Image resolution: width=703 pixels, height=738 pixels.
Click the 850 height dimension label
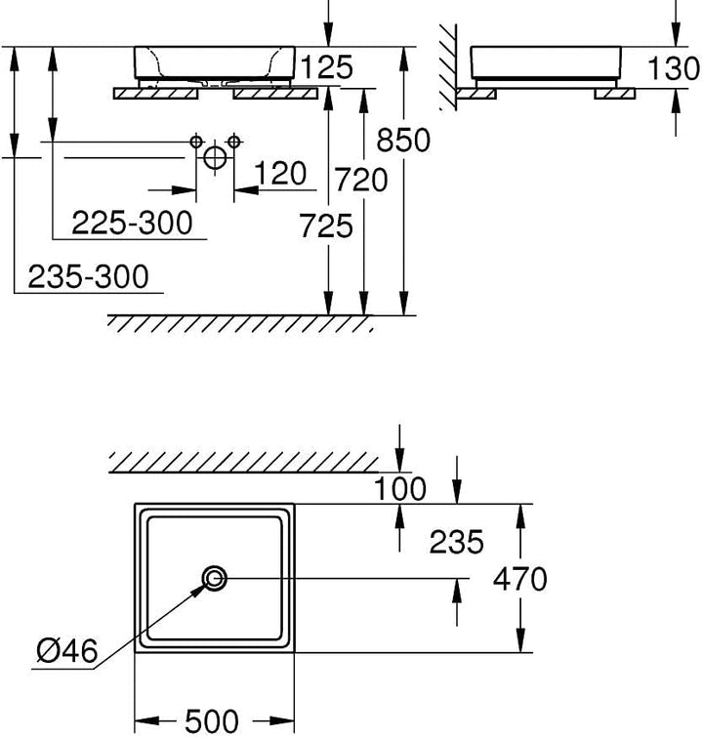(x=403, y=140)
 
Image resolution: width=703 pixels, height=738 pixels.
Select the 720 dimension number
(x=361, y=181)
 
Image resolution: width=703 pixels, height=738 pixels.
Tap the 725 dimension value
(x=326, y=225)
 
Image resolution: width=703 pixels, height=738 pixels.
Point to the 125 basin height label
(x=326, y=66)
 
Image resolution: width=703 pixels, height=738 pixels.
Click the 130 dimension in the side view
(x=674, y=67)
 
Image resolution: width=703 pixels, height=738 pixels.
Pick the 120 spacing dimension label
(x=280, y=173)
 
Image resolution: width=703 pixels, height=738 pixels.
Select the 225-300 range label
(x=133, y=223)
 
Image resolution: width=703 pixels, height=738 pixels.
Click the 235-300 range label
(x=89, y=276)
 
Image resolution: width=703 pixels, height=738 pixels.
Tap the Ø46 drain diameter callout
(x=66, y=651)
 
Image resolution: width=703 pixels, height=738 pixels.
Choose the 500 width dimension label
(x=212, y=721)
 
